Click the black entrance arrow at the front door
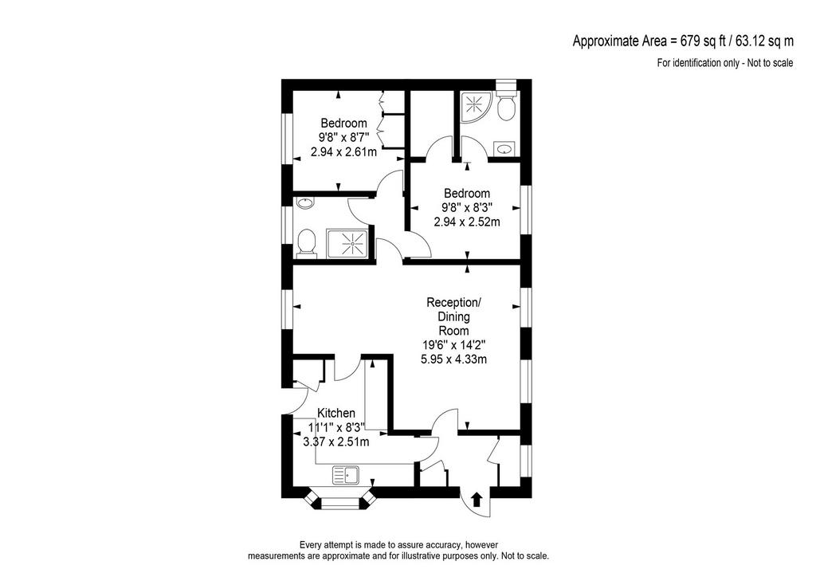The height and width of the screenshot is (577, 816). click(x=477, y=500)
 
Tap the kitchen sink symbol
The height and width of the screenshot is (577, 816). click(x=346, y=475)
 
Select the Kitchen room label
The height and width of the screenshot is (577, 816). click(x=336, y=413)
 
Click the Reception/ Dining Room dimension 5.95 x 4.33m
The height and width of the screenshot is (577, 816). click(x=453, y=359)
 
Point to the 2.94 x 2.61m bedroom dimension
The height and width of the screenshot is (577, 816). click(x=343, y=152)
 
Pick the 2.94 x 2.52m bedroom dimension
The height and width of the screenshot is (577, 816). click(x=467, y=222)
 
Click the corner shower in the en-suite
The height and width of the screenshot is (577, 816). click(x=474, y=107)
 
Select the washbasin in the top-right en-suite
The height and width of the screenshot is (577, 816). click(x=504, y=149)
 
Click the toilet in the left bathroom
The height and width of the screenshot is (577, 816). click(x=306, y=243)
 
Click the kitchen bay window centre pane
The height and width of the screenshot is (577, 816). click(x=339, y=503)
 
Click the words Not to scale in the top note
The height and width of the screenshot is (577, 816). click(x=771, y=63)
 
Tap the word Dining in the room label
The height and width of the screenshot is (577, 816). click(x=453, y=316)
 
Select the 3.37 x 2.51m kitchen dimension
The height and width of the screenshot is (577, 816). click(x=336, y=442)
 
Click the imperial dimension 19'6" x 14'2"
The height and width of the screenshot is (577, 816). click(x=453, y=344)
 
